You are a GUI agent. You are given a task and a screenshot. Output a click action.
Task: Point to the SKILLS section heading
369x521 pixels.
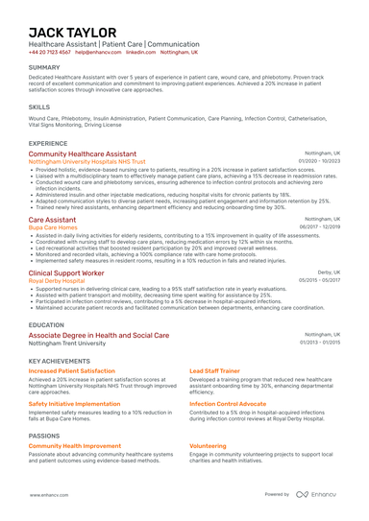(39, 107)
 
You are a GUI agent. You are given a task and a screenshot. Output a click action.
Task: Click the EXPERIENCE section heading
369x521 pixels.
(48, 142)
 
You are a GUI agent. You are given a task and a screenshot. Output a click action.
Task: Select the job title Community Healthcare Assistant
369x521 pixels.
(83, 154)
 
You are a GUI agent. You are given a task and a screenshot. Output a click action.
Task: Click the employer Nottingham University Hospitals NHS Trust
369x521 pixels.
(89, 161)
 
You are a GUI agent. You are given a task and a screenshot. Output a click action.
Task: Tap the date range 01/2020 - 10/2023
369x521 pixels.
(320, 161)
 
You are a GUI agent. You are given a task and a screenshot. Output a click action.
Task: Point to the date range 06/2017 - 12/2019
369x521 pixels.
(320, 227)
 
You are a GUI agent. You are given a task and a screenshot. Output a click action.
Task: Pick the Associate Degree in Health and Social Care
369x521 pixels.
(99, 335)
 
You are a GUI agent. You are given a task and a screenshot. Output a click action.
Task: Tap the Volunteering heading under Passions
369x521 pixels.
(209, 445)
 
